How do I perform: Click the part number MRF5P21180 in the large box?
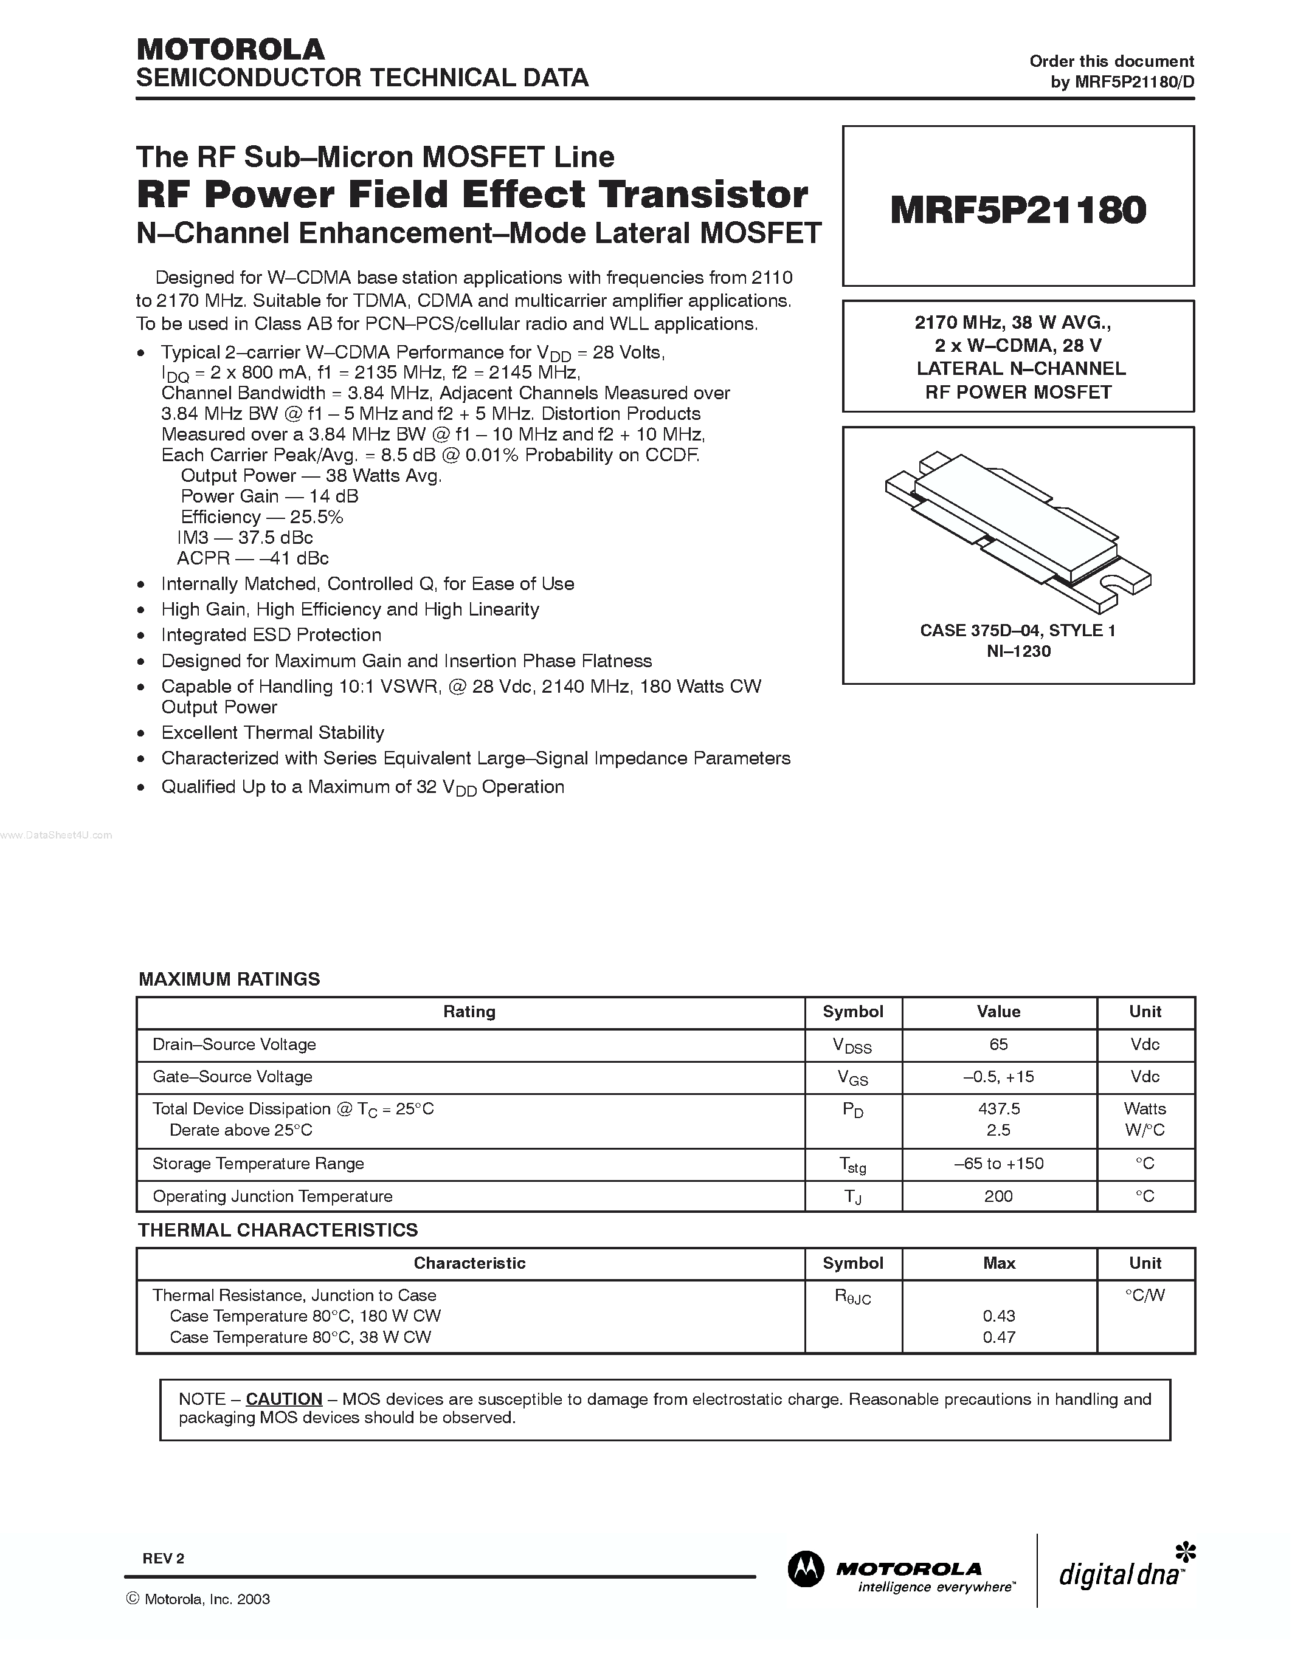(x=1018, y=210)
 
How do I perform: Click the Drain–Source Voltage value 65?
(x=998, y=1045)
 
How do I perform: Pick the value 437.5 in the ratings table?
(x=999, y=1109)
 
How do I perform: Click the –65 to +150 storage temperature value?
(x=999, y=1164)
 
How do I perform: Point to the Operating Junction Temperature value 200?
(x=998, y=1196)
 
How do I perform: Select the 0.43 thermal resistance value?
(x=999, y=1316)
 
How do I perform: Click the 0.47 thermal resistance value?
(x=999, y=1337)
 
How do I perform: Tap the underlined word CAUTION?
(x=284, y=1399)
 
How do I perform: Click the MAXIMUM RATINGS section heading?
(x=230, y=980)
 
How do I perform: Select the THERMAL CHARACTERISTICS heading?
(x=278, y=1230)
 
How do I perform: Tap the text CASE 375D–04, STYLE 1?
(x=1018, y=631)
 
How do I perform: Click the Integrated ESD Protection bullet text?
(x=271, y=635)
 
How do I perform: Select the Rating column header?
(x=469, y=1012)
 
